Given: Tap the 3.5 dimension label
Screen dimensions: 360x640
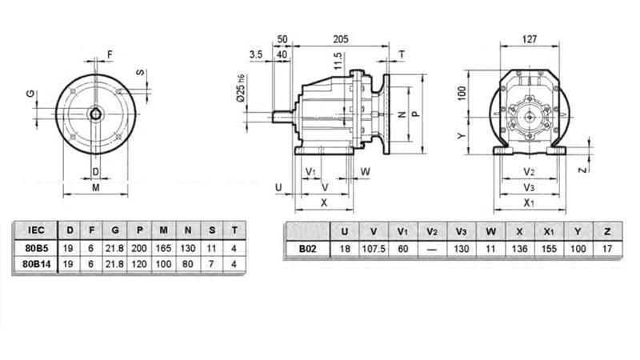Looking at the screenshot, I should click(x=255, y=54).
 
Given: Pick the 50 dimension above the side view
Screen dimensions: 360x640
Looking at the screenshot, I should click(x=282, y=38).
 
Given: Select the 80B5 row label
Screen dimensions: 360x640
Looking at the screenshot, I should click(x=36, y=248).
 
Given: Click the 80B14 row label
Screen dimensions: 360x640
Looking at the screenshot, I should click(x=36, y=263).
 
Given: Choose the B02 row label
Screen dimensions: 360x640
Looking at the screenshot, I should click(x=308, y=249).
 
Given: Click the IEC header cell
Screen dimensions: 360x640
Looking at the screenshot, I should click(x=36, y=232).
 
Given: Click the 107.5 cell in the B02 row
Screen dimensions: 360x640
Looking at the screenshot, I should click(x=374, y=249).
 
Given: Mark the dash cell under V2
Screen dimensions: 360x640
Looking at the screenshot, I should click(x=432, y=249).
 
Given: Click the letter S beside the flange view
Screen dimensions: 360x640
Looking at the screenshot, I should click(x=142, y=73).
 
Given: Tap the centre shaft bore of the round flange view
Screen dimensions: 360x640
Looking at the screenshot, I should click(x=95, y=113).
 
